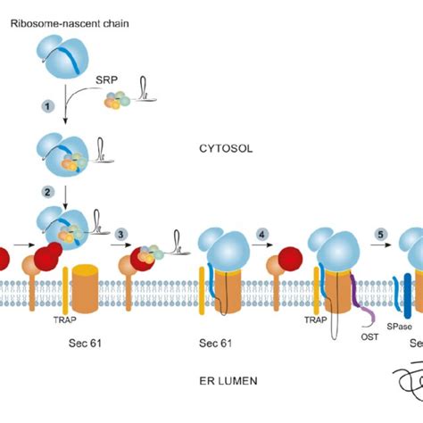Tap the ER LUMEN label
click(x=229, y=381)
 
